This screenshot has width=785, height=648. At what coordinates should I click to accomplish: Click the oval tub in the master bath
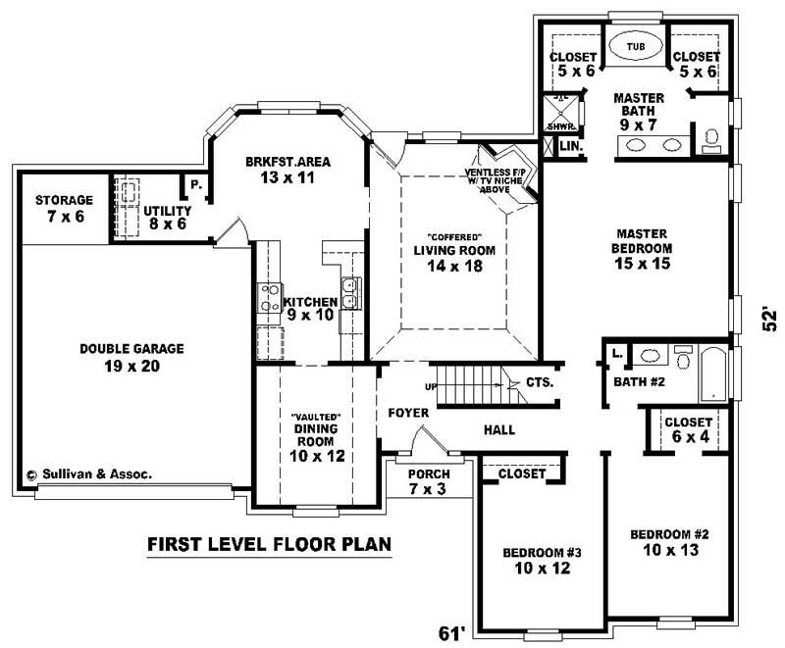635,46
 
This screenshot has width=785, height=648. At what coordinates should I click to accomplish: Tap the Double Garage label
119,357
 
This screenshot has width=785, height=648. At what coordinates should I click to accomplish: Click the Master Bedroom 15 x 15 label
643,249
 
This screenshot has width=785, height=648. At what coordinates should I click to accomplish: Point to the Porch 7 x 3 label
426,480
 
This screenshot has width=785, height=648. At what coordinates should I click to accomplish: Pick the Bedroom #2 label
669,541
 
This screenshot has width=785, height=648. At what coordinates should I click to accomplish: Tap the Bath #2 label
640,380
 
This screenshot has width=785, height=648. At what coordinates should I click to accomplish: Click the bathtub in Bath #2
712,373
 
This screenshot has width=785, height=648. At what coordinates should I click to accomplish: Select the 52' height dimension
771,321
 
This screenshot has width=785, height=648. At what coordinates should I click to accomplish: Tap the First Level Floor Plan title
269,543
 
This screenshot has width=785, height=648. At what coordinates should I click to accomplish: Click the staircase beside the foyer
473,383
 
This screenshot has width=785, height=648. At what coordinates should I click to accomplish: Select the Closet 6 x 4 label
688,429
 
